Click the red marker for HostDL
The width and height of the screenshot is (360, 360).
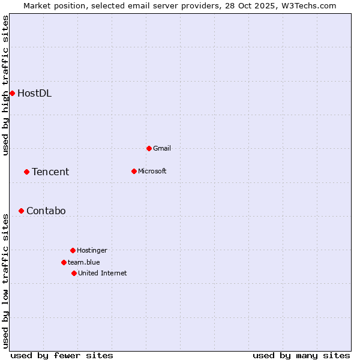pyautogui.click(x=12, y=93)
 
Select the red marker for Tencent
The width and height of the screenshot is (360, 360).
pyautogui.click(x=26, y=172)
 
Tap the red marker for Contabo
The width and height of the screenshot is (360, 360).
pyautogui.click(x=21, y=211)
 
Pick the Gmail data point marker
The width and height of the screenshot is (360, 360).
pyautogui.click(x=149, y=148)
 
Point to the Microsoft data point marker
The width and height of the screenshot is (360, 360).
pyautogui.click(x=134, y=171)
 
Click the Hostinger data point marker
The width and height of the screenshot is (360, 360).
pyautogui.click(x=73, y=250)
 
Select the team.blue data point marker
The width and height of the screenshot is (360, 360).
pyautogui.click(x=64, y=262)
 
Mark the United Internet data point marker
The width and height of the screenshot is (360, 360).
pyautogui.click(x=74, y=273)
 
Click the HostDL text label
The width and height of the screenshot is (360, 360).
pyautogui.click(x=34, y=93)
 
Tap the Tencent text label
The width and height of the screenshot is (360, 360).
pyautogui.click(x=50, y=172)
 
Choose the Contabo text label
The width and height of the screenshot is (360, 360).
pyautogui.click(x=46, y=211)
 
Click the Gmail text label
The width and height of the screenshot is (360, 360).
pyautogui.click(x=162, y=148)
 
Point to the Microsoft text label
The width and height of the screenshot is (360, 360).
pyautogui.click(x=152, y=171)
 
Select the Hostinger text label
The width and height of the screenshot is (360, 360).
pyautogui.click(x=92, y=250)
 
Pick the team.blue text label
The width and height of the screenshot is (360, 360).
pyautogui.click(x=84, y=262)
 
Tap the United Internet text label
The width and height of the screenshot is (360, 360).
pyautogui.click(x=103, y=273)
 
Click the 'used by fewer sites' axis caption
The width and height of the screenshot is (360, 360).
pyautogui.click(x=62, y=355)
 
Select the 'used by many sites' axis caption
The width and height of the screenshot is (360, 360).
pyautogui.click(x=301, y=355)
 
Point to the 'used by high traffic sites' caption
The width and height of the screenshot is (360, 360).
pyautogui.click(x=5, y=85)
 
